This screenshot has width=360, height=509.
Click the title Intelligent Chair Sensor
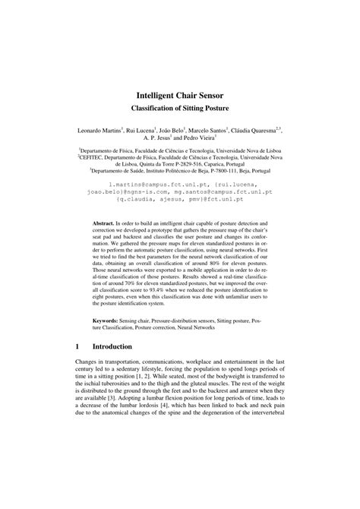179,98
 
